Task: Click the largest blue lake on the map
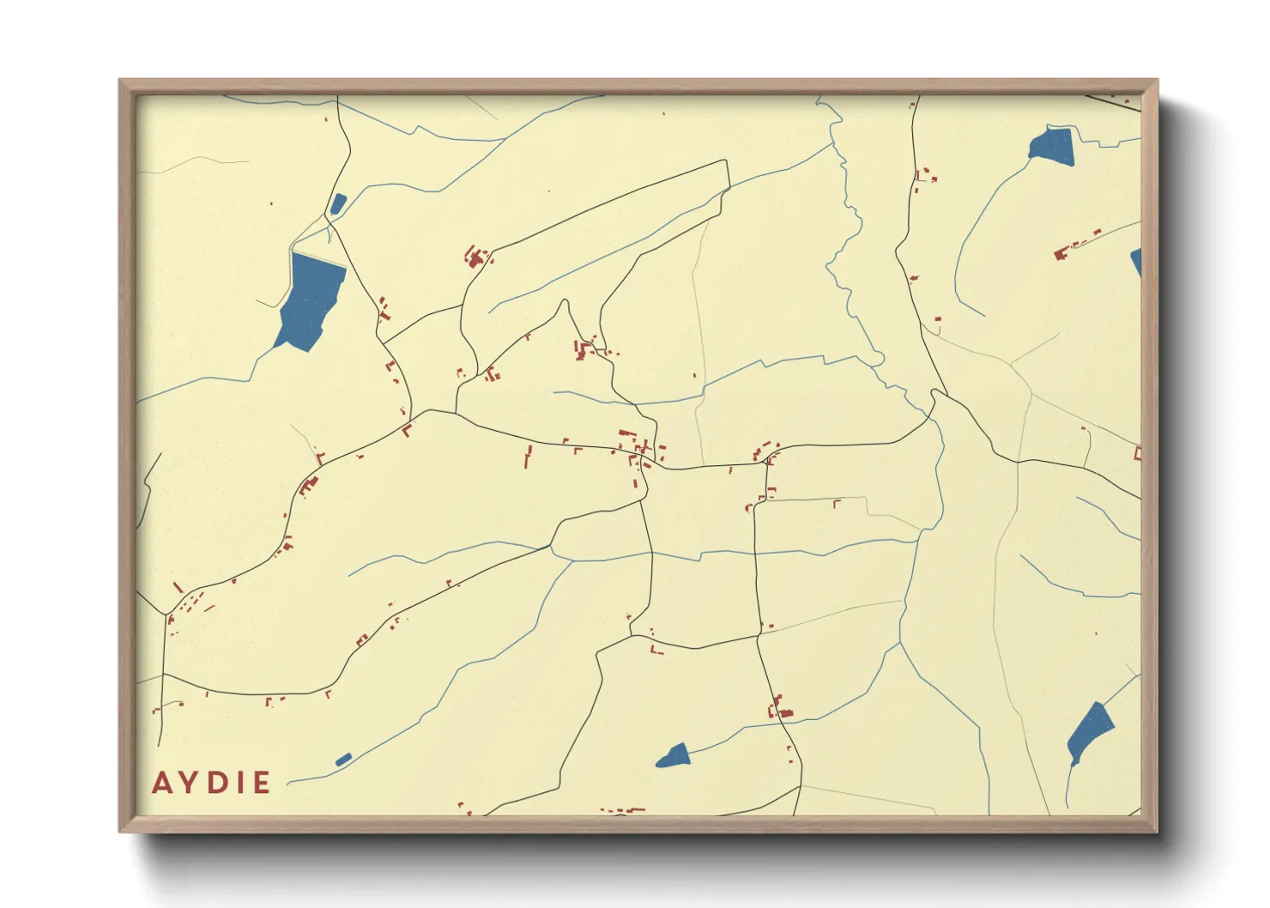click(310, 300)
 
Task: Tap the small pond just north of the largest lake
click(338, 203)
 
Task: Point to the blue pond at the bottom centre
click(674, 756)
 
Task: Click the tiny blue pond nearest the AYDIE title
click(343, 759)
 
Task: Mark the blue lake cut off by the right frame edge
click(1136, 261)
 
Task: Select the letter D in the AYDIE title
click(215, 783)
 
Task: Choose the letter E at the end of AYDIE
click(260, 783)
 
